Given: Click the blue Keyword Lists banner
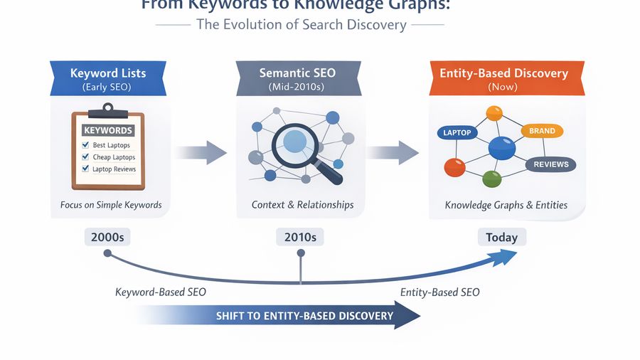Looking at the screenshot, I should click(108, 78).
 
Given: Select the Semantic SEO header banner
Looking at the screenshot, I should click(297, 78).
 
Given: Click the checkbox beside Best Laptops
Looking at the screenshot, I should click(86, 145).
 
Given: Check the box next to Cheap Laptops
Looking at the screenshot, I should click(86, 157).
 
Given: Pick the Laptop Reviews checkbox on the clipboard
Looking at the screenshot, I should click(86, 169).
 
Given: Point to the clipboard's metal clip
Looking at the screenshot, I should click(108, 110).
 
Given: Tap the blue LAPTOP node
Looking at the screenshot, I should click(457, 133).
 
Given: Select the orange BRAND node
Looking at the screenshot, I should click(542, 131).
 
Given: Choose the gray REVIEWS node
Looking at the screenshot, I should click(551, 164).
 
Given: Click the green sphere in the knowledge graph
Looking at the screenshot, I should click(492, 178).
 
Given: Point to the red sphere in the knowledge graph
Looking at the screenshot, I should click(454, 167).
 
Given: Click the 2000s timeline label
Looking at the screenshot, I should click(107, 237).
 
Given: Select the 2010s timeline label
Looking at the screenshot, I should click(299, 237).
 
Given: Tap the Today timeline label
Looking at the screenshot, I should click(501, 237).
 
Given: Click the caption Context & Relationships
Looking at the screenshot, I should click(302, 205).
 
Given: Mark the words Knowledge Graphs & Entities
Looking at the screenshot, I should click(506, 205).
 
